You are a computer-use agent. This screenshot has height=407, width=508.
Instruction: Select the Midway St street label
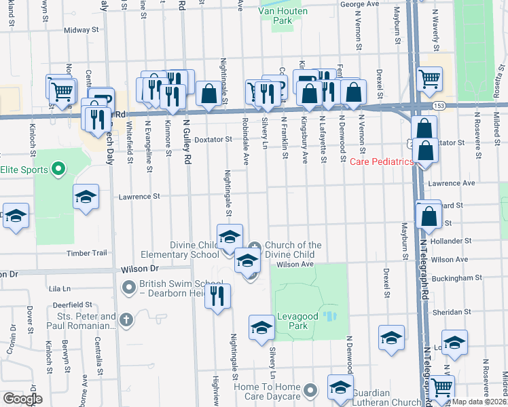(x=81, y=31)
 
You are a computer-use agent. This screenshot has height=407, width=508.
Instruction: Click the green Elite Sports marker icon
(x=58, y=168)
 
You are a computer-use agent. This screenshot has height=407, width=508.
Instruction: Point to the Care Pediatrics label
(x=382, y=162)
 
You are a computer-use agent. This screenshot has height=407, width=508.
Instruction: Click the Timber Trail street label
(x=87, y=253)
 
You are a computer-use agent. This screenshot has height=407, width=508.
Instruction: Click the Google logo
(x=22, y=399)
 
